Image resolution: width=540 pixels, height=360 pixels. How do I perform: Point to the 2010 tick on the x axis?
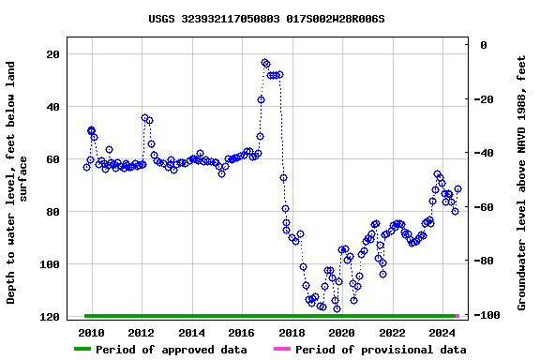pyautogui.click(x=92, y=333)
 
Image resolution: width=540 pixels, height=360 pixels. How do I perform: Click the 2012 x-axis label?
pyautogui.click(x=142, y=333)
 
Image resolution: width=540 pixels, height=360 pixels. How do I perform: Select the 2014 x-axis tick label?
pyautogui.click(x=191, y=333)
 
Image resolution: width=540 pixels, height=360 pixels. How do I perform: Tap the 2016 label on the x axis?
pyautogui.click(x=242, y=333)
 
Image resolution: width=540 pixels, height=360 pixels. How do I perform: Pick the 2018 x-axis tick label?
pyautogui.click(x=292, y=333)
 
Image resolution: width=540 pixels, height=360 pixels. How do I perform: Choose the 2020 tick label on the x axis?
pyautogui.click(x=341, y=333)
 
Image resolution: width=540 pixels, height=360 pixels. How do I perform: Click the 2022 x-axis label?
pyautogui.click(x=392, y=333)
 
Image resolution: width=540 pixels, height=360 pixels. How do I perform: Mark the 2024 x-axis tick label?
pyautogui.click(x=442, y=333)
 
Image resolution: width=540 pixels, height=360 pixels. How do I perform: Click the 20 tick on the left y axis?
pyautogui.click(x=53, y=54)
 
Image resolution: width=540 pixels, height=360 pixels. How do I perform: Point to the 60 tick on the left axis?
pyautogui.click(x=53, y=159)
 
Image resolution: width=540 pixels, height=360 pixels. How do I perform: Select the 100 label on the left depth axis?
pyautogui.click(x=50, y=264)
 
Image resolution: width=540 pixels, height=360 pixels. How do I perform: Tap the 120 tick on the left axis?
pyautogui.click(x=50, y=317)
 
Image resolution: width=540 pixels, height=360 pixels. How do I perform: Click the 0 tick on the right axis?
pyautogui.click(x=483, y=45)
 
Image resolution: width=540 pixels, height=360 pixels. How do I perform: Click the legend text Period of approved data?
pyautogui.click(x=172, y=350)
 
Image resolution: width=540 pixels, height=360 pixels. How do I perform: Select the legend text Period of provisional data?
pyautogui.click(x=381, y=350)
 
